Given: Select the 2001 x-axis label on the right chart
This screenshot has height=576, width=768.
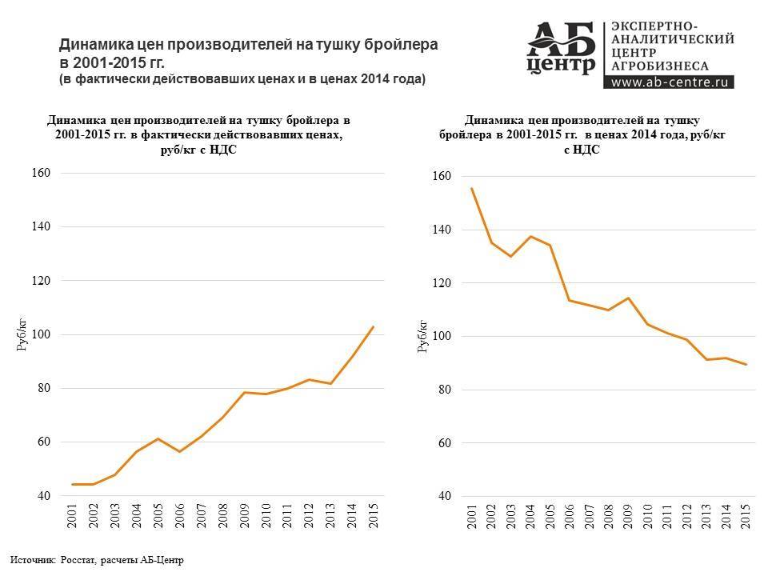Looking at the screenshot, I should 473,516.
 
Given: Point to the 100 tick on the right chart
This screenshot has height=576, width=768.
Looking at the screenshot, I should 442,337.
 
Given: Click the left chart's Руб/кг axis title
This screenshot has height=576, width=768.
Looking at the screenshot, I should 22,334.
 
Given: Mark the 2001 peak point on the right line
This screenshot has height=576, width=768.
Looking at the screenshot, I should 473,189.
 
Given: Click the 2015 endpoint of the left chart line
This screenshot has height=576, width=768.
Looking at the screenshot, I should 374,326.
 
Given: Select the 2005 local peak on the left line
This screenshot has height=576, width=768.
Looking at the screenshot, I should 158,438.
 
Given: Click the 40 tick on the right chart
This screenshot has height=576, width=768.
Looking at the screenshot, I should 444,497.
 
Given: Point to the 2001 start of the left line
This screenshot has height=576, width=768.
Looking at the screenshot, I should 73,484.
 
